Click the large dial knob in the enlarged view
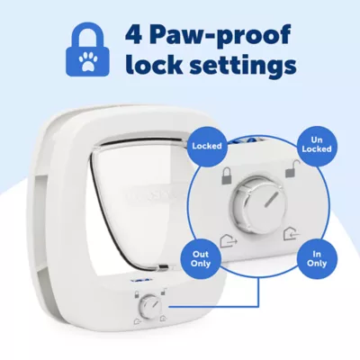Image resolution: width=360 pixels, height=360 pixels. click(x=256, y=201)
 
